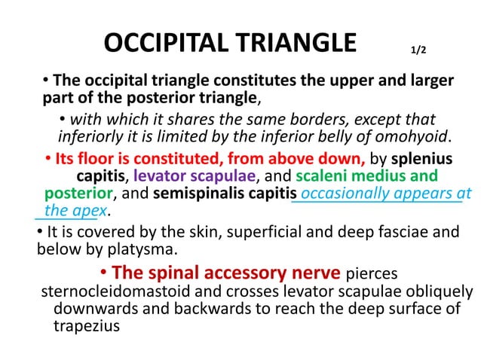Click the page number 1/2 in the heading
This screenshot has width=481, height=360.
(x=418, y=51)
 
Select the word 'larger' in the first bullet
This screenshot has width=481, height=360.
(x=428, y=81)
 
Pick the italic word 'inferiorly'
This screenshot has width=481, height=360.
(x=90, y=136)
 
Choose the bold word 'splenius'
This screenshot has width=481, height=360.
(x=421, y=160)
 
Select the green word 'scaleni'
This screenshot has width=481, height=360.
(x=326, y=177)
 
